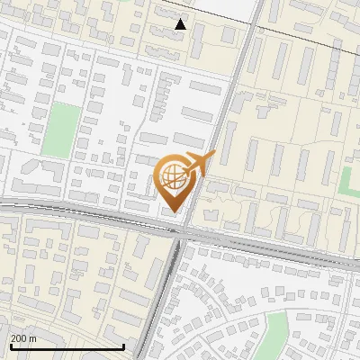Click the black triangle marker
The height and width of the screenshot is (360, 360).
181,24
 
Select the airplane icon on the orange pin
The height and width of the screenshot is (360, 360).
201,164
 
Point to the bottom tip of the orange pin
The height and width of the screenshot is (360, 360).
174,213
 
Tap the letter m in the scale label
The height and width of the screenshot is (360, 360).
33,337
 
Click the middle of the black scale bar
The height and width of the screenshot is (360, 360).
67,346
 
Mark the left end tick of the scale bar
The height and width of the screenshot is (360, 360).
10,346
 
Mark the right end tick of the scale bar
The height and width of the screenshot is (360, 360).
123,346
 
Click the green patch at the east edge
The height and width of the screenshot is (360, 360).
352,180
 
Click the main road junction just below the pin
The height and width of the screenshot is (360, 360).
180,230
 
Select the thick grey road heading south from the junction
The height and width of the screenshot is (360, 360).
162,297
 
